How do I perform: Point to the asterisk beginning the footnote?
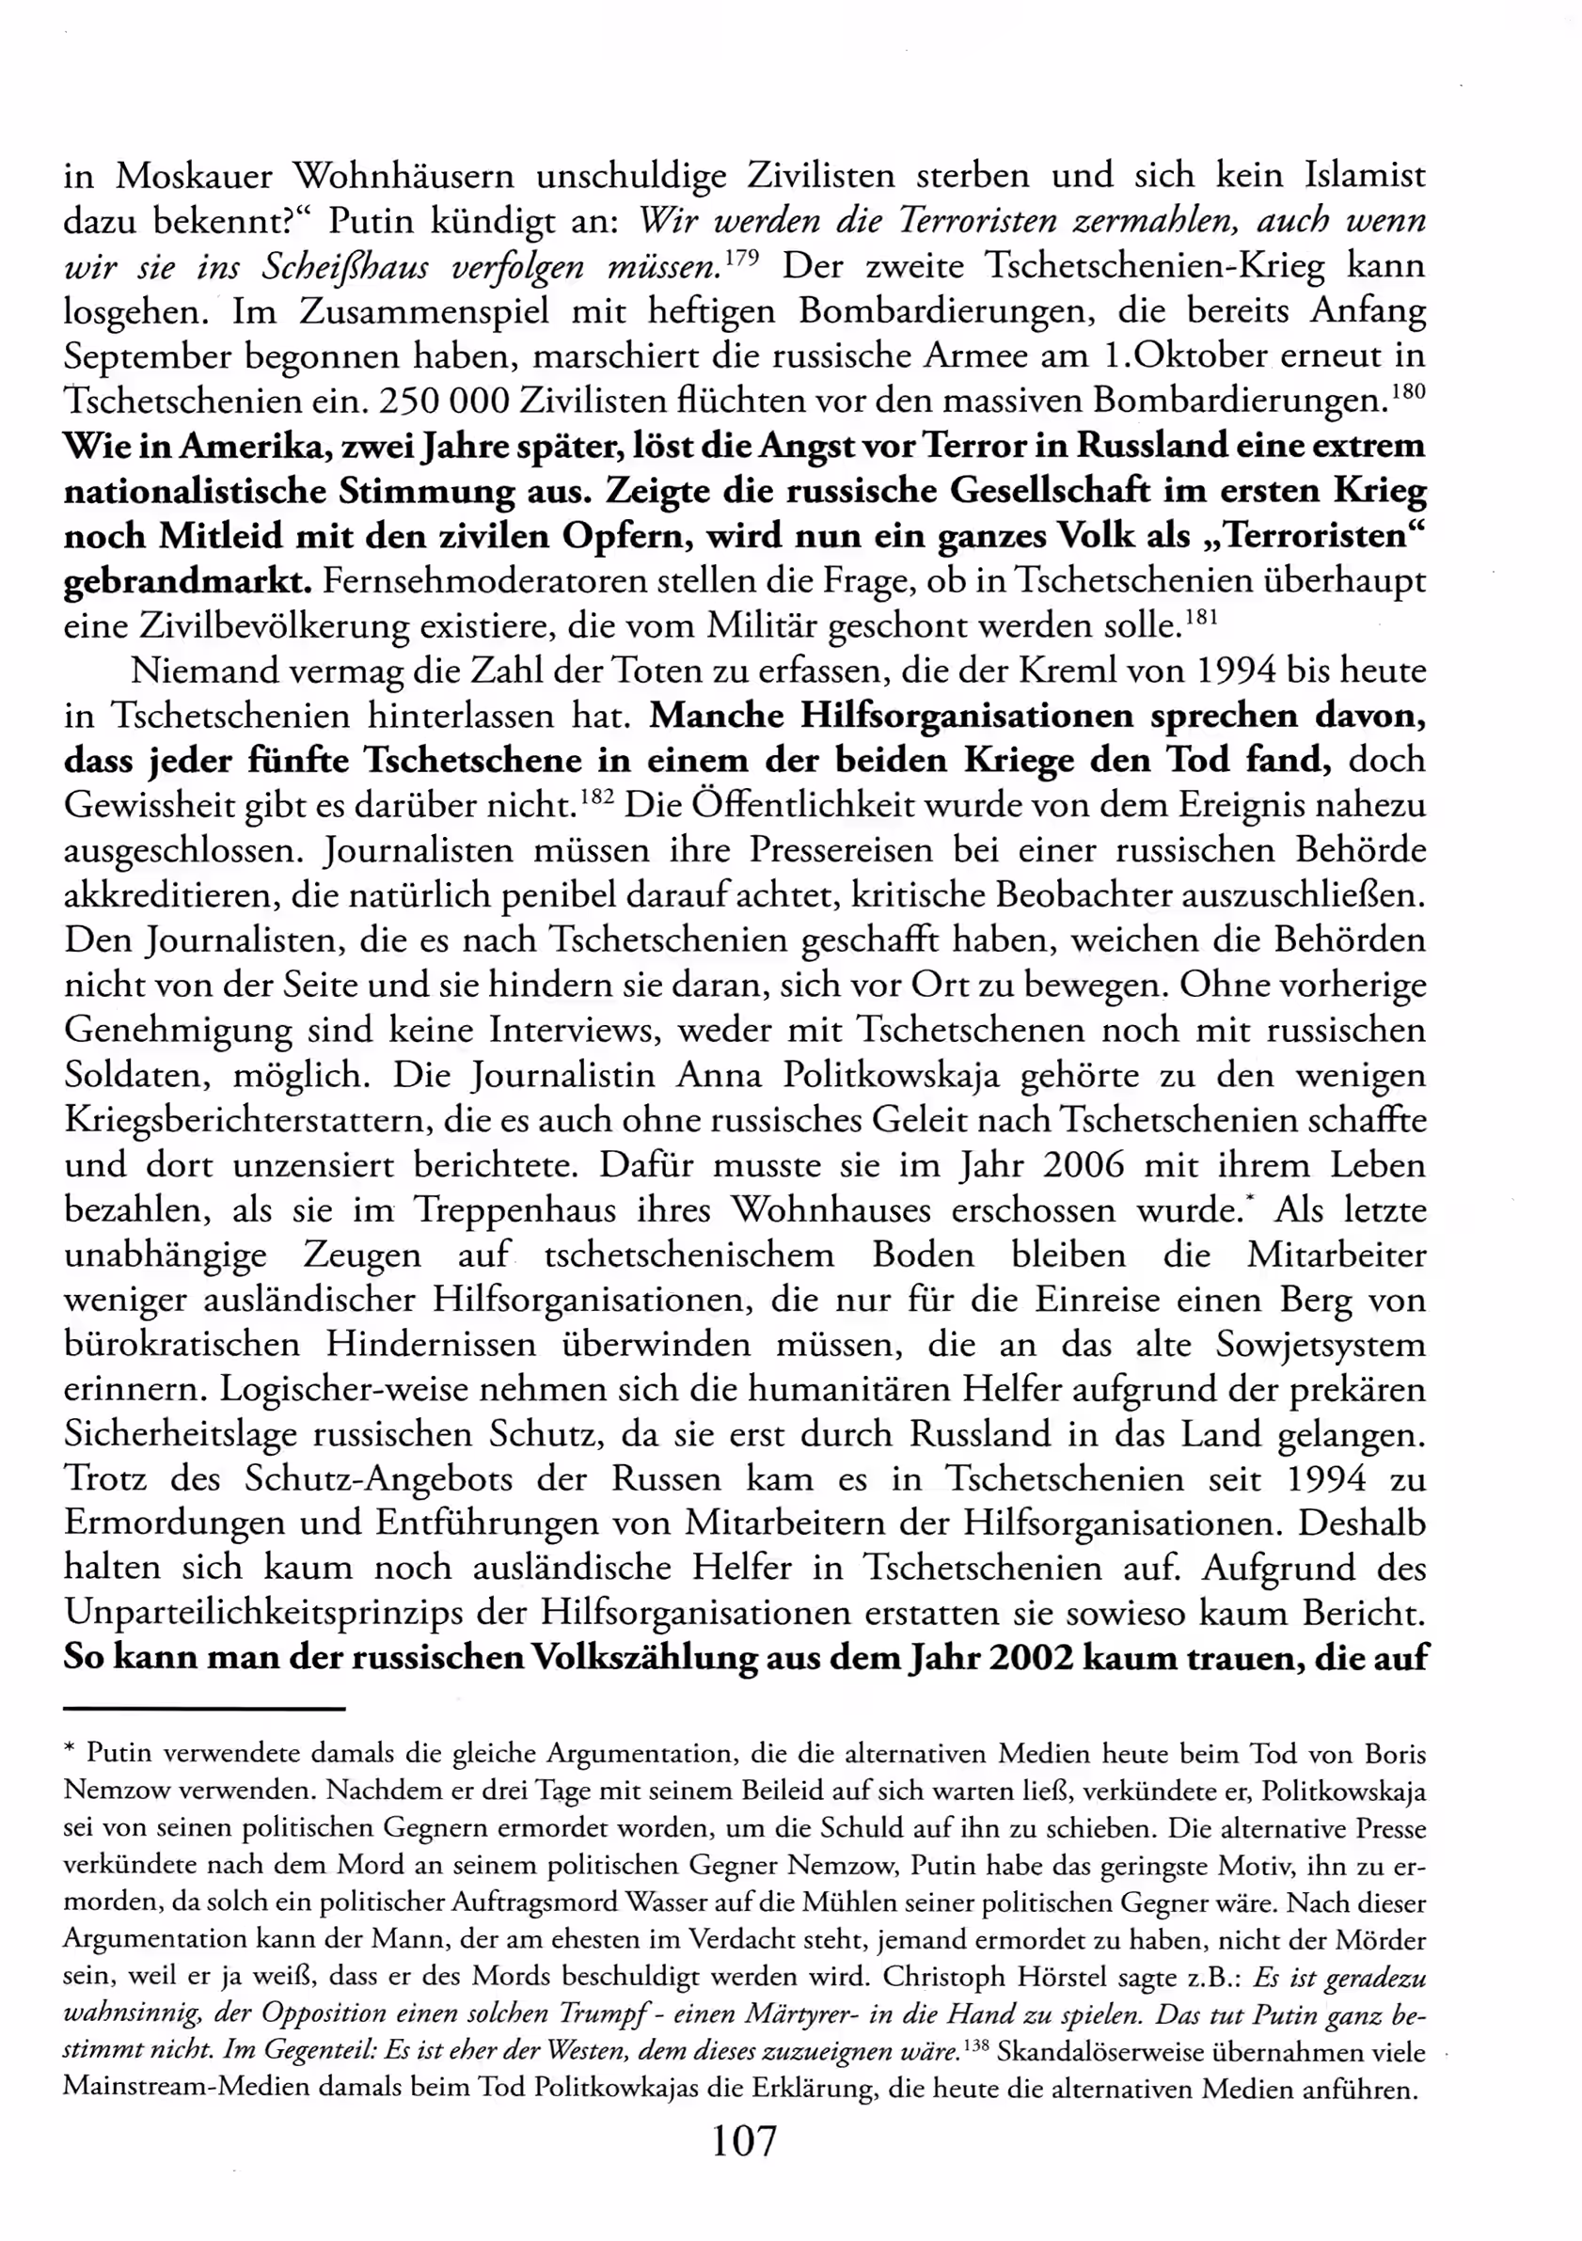tap(70, 1750)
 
